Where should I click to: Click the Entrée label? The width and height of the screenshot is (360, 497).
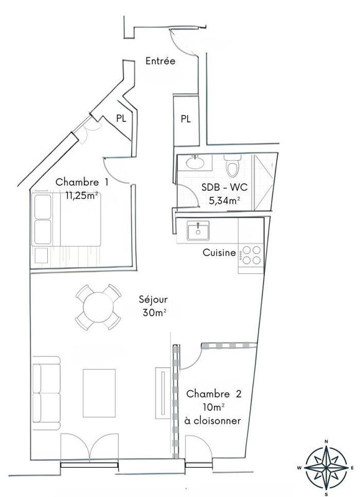click(160, 61)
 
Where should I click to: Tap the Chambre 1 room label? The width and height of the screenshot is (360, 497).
click(82, 182)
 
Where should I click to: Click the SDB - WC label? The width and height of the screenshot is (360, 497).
click(221, 188)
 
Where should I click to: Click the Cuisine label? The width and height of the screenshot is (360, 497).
click(219, 253)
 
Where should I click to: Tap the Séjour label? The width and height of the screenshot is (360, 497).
click(152, 299)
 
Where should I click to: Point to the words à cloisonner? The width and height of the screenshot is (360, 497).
click(213, 421)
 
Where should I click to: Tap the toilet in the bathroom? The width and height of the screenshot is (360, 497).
click(233, 166)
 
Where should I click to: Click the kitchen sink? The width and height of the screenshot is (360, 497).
click(198, 231)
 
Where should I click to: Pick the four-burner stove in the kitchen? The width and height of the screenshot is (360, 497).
click(251, 255)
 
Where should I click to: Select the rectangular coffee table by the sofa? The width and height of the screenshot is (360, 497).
click(99, 393)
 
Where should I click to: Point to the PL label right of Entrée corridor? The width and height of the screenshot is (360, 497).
click(185, 119)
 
